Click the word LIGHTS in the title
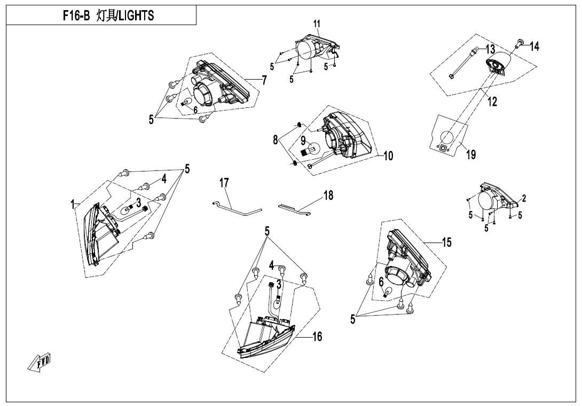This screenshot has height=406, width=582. tap(136, 15)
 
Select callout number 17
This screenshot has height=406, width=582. tap(224, 183)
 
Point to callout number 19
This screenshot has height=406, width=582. tap(471, 155)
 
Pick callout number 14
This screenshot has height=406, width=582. tap(534, 47)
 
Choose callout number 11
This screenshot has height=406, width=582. tap(317, 24)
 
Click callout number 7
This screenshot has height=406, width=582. tap(264, 80)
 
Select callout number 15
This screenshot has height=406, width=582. tap(446, 243)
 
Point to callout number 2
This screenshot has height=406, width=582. tap(524, 199)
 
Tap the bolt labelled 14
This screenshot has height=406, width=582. tap(520, 42)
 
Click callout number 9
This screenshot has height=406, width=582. tap(303, 142)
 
